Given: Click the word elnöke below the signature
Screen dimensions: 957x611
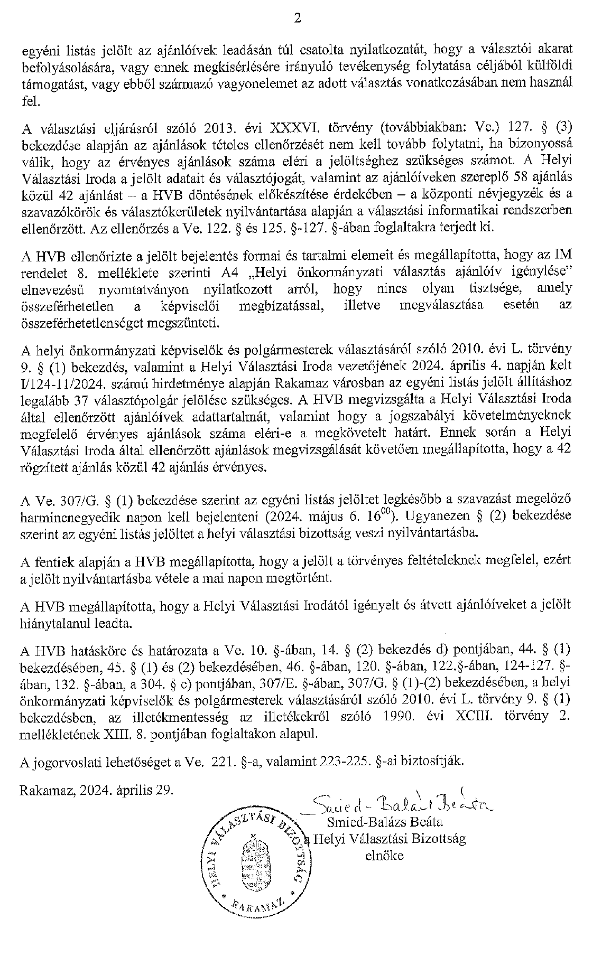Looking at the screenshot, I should pos(384,856).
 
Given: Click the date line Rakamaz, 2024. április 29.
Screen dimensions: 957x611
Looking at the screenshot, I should pos(97,790).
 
